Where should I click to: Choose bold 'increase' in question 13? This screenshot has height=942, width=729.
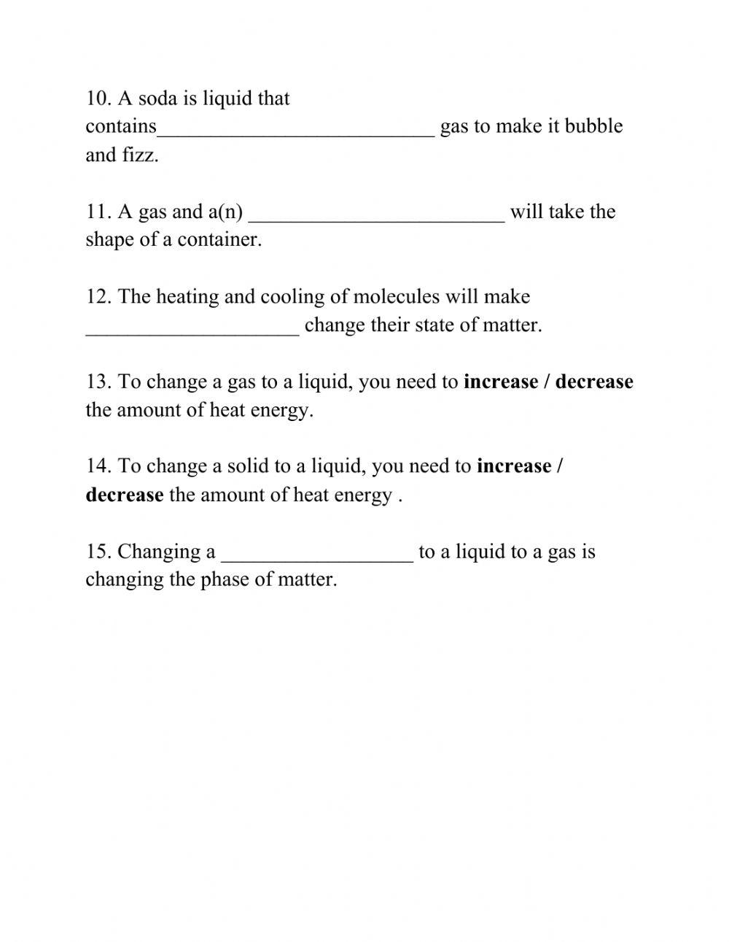click(x=501, y=382)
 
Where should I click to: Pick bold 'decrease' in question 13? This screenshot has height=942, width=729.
click(x=594, y=382)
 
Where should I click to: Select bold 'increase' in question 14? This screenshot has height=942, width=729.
click(x=514, y=466)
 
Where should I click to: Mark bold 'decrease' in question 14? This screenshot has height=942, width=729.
click(x=124, y=495)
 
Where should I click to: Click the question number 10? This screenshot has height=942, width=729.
click(x=98, y=99)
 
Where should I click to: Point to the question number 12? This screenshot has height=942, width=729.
click(x=98, y=297)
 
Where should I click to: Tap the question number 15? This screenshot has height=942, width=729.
click(x=98, y=552)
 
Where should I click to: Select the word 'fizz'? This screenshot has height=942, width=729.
click(x=140, y=155)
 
